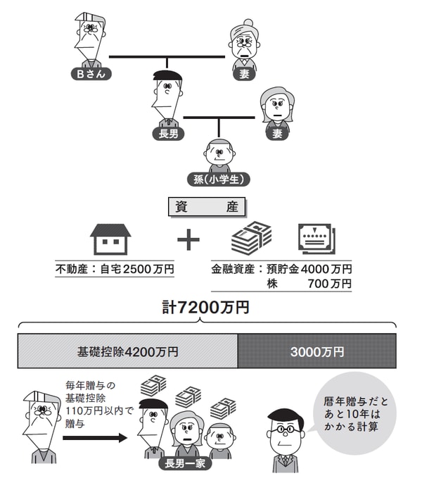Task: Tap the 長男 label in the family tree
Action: click(x=168, y=134)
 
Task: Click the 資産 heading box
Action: click(x=207, y=206)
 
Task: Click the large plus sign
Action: click(x=188, y=239)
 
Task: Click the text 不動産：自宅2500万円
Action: click(x=115, y=268)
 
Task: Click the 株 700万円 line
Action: click(x=309, y=283)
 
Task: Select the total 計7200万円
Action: click(x=205, y=308)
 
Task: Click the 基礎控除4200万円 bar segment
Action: click(x=127, y=351)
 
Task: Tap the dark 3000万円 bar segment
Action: click(x=316, y=351)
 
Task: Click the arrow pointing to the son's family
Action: click(x=94, y=437)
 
